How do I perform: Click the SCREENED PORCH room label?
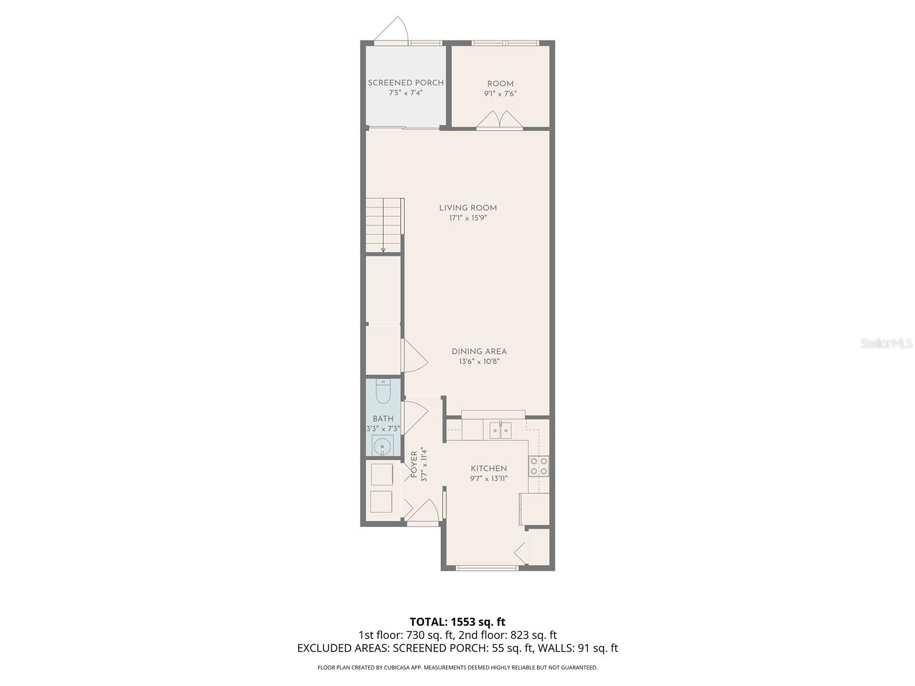[405, 83]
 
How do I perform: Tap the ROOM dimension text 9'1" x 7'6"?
[500, 94]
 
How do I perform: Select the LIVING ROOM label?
[468, 208]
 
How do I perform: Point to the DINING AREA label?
[479, 352]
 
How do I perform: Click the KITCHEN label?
[488, 468]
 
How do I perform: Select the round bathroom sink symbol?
[382, 445]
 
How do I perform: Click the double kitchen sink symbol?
[500, 429]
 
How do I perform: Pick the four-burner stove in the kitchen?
[539, 466]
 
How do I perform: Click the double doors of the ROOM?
[500, 121]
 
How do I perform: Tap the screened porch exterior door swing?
[393, 30]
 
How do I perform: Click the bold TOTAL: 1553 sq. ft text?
[457, 621]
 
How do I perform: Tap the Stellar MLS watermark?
[887, 344]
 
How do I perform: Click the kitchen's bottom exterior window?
[487, 568]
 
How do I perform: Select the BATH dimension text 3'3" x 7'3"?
[383, 428]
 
